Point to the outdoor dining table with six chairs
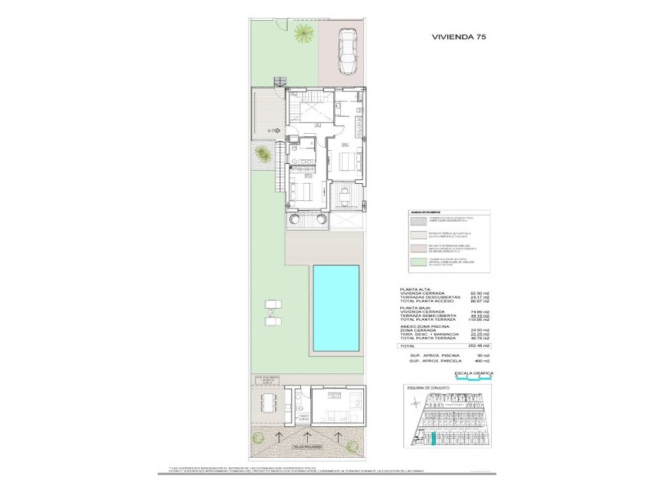coord(268,402)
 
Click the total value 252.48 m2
coord(463,346)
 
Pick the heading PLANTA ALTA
coord(416,288)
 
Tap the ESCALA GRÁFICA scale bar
coord(466,378)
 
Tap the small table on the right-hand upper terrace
coord(346,199)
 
